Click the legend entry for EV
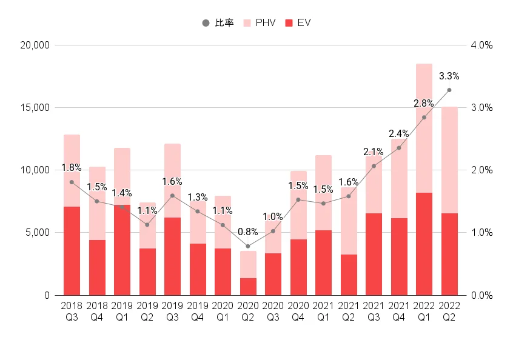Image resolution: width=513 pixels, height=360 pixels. point(298,23)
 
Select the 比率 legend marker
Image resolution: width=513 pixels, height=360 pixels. point(206,23)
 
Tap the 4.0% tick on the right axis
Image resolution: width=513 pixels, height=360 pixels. point(481,45)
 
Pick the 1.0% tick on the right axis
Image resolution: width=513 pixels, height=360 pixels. point(481,233)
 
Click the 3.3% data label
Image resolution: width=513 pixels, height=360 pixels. point(449,76)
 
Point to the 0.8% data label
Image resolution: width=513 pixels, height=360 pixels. point(247,231)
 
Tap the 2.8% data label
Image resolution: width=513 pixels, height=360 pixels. point(424,104)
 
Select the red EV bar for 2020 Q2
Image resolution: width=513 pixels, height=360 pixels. point(247,287)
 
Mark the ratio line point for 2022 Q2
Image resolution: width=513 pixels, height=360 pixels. point(449,90)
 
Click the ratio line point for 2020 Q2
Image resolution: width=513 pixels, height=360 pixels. point(247,246)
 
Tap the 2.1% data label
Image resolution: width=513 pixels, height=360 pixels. point(374,152)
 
